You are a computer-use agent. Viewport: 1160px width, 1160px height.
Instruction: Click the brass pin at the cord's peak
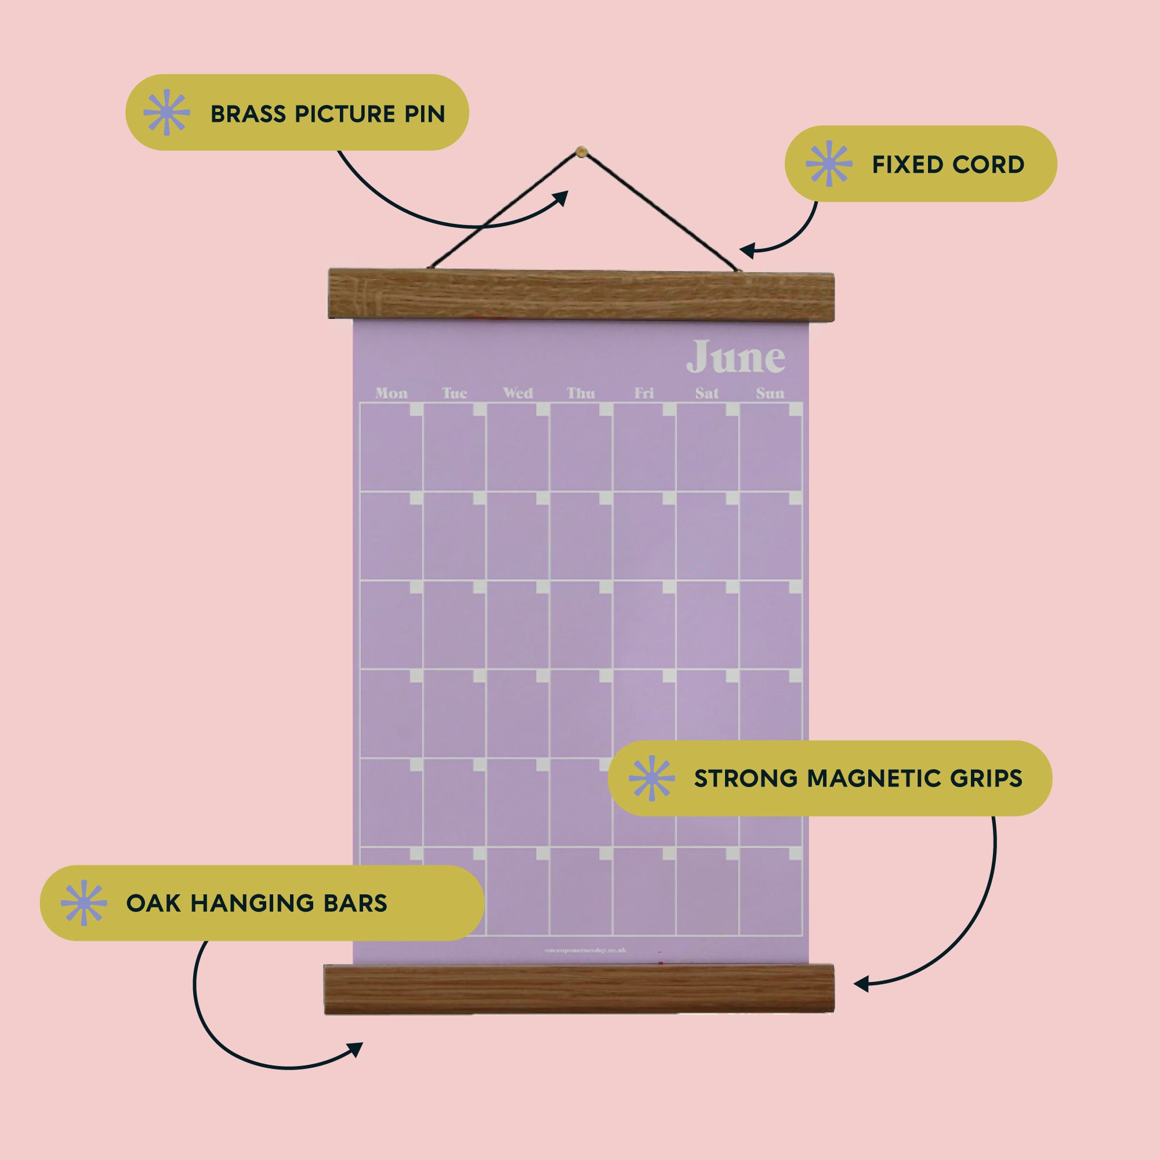[581, 151]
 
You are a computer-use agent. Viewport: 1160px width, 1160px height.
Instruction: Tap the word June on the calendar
[735, 357]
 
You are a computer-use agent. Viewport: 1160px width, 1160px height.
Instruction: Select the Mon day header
[391, 393]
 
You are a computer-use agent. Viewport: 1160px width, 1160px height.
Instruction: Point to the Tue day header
[455, 393]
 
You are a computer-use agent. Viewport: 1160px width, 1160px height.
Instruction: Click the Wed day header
[517, 393]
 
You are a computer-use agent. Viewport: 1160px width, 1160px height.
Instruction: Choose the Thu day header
[581, 393]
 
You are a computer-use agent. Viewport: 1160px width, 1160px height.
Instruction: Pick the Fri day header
[644, 393]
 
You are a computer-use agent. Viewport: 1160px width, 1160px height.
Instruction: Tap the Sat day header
[706, 393]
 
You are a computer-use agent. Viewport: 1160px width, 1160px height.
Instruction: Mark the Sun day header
[770, 393]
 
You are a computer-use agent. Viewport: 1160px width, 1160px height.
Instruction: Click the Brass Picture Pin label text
[328, 114]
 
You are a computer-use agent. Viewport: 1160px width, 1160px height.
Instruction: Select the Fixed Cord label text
[948, 165]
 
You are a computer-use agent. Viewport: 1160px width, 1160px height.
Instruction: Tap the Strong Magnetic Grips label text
[858, 778]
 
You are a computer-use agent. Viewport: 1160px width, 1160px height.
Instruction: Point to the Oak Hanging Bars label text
[256, 903]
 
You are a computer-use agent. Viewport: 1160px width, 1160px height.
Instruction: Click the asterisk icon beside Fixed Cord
[829, 164]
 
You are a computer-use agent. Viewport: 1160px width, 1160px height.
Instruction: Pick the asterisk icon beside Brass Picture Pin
[167, 113]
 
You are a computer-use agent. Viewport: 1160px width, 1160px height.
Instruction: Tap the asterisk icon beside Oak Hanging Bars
[84, 902]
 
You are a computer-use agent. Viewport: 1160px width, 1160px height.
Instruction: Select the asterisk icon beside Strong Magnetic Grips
[651, 778]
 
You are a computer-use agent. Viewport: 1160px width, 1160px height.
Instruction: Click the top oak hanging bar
[581, 294]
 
